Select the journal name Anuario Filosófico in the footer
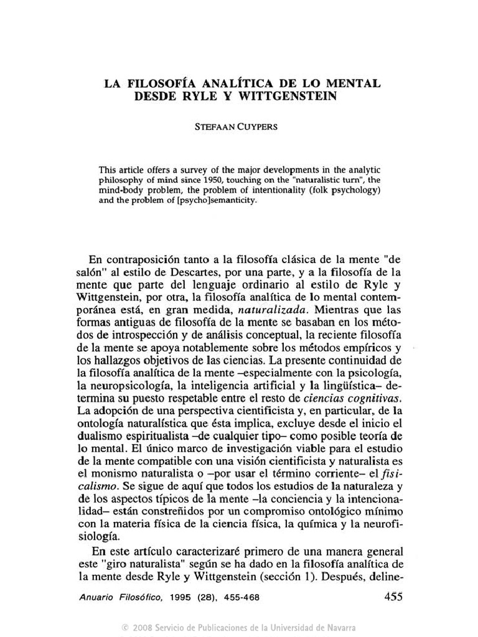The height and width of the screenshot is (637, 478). (x=122, y=598)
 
